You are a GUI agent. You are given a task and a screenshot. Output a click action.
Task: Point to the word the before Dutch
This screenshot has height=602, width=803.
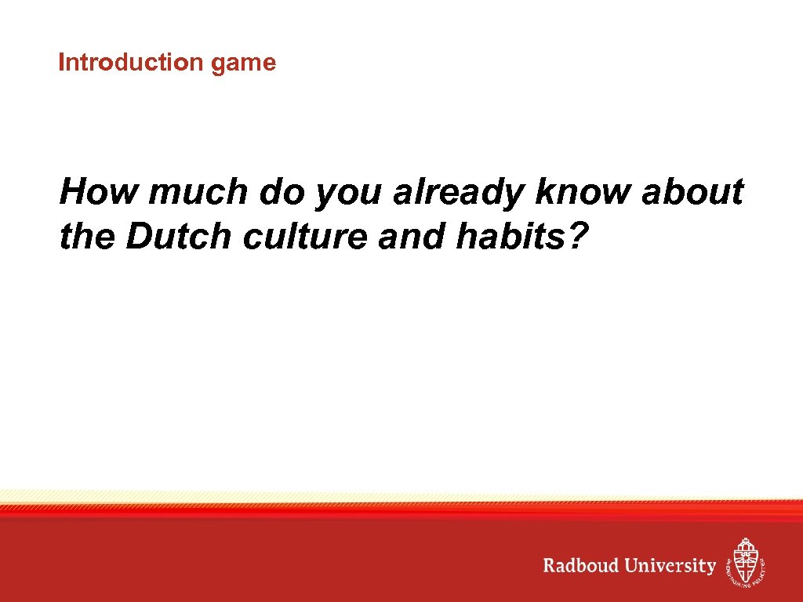coord(87,236)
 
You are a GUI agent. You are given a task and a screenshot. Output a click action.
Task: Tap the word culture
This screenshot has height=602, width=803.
coord(305,236)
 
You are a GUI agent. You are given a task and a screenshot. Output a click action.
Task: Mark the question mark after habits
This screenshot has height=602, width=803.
coord(576,236)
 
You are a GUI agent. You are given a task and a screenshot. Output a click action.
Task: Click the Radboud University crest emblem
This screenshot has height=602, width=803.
coord(746,562)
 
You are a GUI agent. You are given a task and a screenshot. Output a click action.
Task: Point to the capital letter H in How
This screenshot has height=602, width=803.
coord(73,192)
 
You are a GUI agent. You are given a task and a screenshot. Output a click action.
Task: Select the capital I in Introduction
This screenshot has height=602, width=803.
coord(61,63)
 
